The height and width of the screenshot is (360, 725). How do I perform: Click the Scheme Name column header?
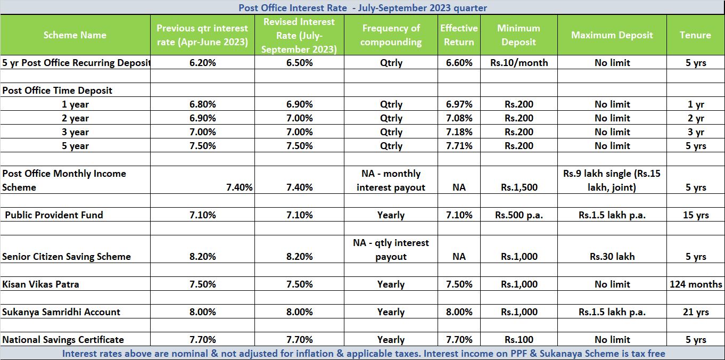pos(75,35)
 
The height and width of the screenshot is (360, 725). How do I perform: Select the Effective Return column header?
pos(459,35)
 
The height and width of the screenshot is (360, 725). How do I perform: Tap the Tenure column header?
pos(695,35)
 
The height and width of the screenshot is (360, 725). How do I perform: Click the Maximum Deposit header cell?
pos(612,35)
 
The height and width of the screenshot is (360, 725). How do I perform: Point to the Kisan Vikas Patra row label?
pos(40,284)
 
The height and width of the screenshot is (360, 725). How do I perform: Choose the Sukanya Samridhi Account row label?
pos(61,312)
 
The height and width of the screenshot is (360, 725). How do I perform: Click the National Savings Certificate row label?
pos(63,340)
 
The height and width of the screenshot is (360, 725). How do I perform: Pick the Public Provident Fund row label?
pos(54,215)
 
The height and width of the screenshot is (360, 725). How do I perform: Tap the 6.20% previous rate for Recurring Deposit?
pos(203,63)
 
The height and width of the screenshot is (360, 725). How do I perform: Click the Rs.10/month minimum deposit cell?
pos(519,63)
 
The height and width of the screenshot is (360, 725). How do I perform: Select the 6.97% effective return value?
pos(459,104)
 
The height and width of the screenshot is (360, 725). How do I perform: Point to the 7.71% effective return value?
pos(459,146)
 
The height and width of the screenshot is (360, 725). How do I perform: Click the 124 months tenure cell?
pos(696,284)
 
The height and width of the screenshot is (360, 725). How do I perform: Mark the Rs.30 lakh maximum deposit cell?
pos(612,257)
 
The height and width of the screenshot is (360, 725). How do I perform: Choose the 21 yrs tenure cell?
pos(696,312)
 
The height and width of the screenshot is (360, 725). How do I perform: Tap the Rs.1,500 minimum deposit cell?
pos(519,187)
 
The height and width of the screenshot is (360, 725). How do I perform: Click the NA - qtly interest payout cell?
pos(391,250)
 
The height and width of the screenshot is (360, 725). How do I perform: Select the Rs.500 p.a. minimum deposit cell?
pos(519,215)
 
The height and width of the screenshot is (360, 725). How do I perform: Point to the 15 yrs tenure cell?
pos(696,215)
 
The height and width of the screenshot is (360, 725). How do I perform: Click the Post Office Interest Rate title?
pos(362,7)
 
